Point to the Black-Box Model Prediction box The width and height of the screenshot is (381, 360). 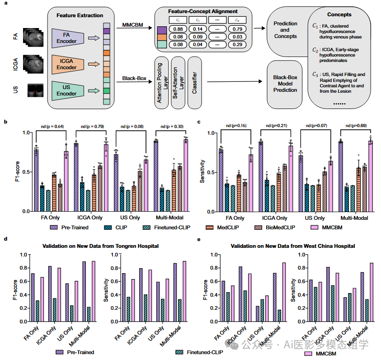286,83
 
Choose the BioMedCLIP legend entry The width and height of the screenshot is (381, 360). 269,227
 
